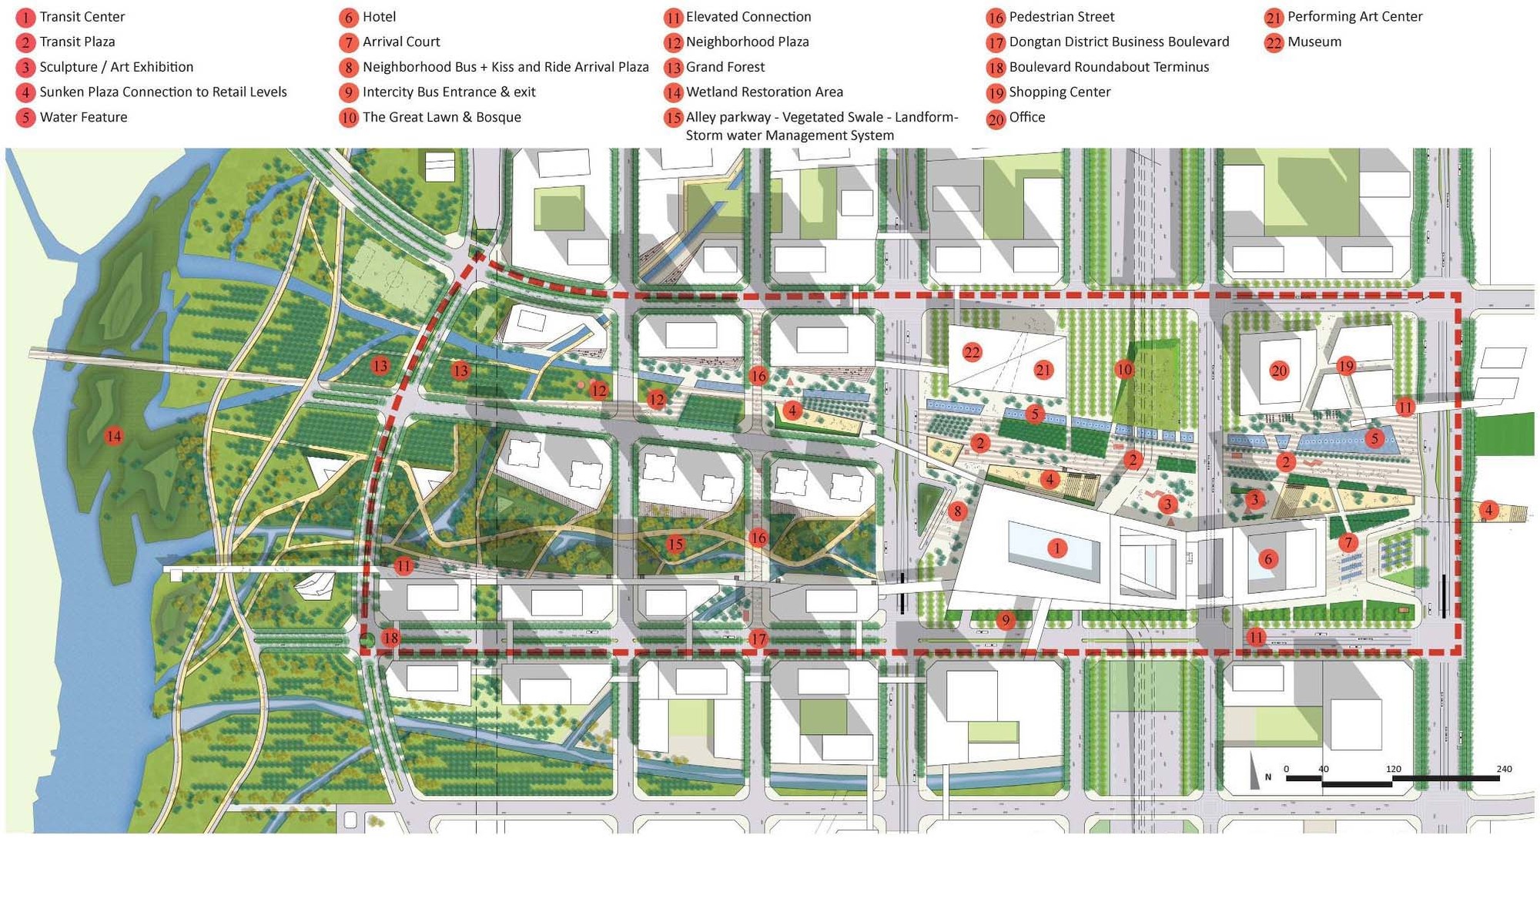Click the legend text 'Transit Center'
tap(82, 17)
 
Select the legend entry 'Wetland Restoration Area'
tap(764, 92)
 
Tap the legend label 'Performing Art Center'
tap(1354, 17)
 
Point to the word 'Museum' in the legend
tap(1314, 42)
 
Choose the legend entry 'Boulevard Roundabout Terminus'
tap(1108, 67)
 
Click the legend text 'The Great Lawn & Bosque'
tap(441, 117)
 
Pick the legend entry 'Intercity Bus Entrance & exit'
tap(448, 92)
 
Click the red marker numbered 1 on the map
tap(1057, 548)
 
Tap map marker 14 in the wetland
tap(114, 437)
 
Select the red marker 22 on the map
tap(972, 353)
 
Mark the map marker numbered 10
tap(1124, 370)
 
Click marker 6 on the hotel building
tap(1268, 559)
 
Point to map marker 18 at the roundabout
tap(391, 638)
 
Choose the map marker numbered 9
tap(1005, 620)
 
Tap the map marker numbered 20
tap(1279, 371)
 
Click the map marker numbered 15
tap(675, 545)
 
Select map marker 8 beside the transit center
tap(957, 511)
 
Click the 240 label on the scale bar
tap(1504, 769)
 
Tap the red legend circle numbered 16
tap(996, 18)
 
